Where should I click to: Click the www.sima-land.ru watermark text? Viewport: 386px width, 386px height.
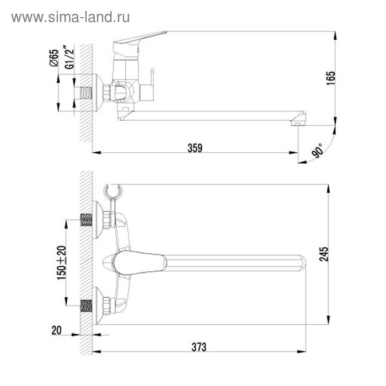tap(71, 18)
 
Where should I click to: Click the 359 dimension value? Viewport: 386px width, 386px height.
tap(195, 148)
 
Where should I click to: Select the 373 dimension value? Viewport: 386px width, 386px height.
tap(199, 347)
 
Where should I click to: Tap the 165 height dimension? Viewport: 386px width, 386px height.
tap(331, 78)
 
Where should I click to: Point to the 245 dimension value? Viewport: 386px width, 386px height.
tap(324, 254)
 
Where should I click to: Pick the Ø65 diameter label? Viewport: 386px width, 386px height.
tap(54, 58)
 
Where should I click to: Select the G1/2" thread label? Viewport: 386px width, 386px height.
tap(69, 57)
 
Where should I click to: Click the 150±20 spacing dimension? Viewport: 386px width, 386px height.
tap(62, 262)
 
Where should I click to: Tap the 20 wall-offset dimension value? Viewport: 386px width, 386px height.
tap(56, 330)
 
